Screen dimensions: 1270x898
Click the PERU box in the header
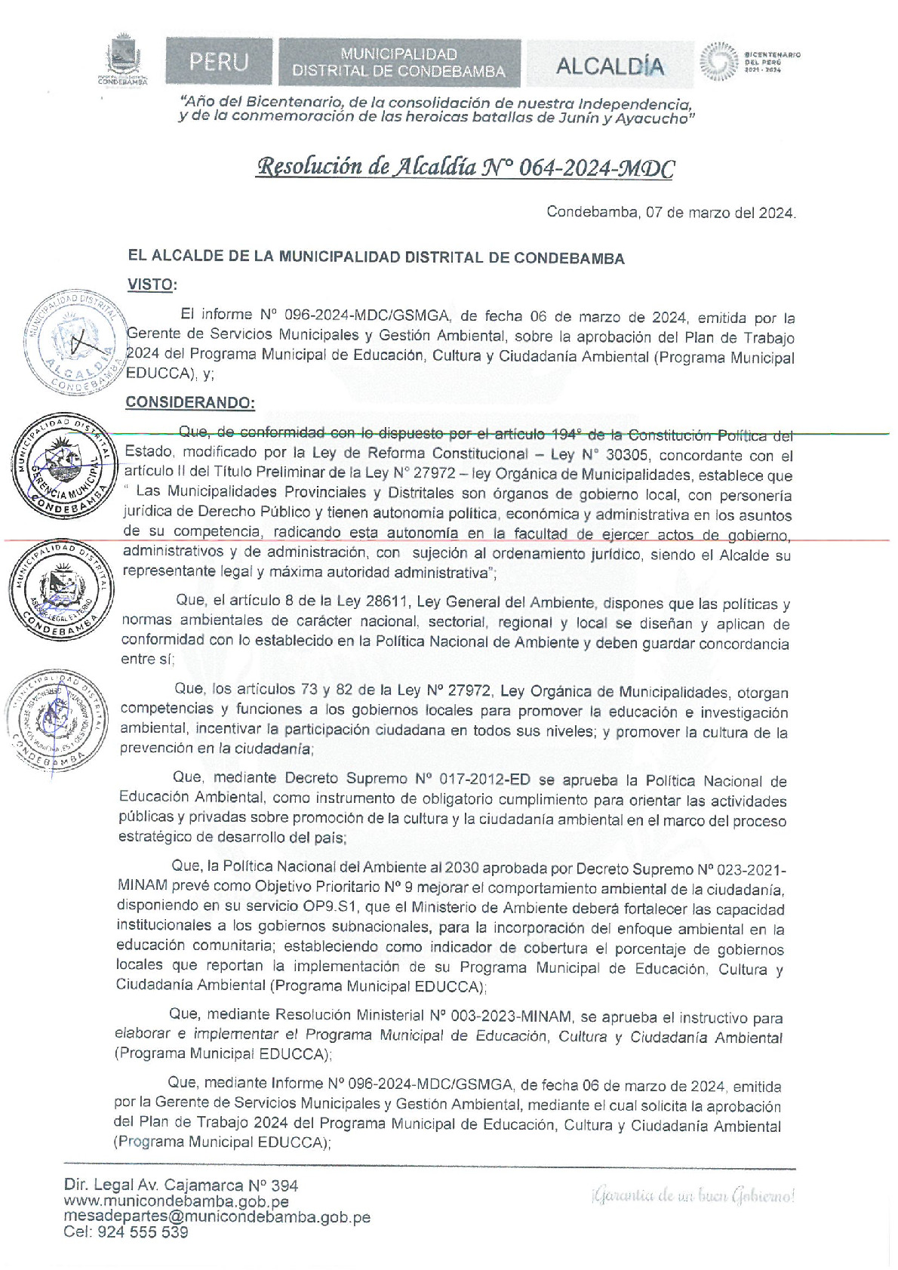(x=219, y=62)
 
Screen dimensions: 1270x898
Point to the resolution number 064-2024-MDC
(x=597, y=168)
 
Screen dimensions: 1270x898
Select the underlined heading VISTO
(x=151, y=284)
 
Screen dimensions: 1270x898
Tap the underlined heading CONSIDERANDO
(x=190, y=402)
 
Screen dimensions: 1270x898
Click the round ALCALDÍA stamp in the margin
(x=74, y=341)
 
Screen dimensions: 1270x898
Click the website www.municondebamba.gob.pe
(x=177, y=1201)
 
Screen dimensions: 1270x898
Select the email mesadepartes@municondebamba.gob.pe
(x=217, y=1217)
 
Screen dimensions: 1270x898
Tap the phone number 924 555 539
(x=143, y=1233)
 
